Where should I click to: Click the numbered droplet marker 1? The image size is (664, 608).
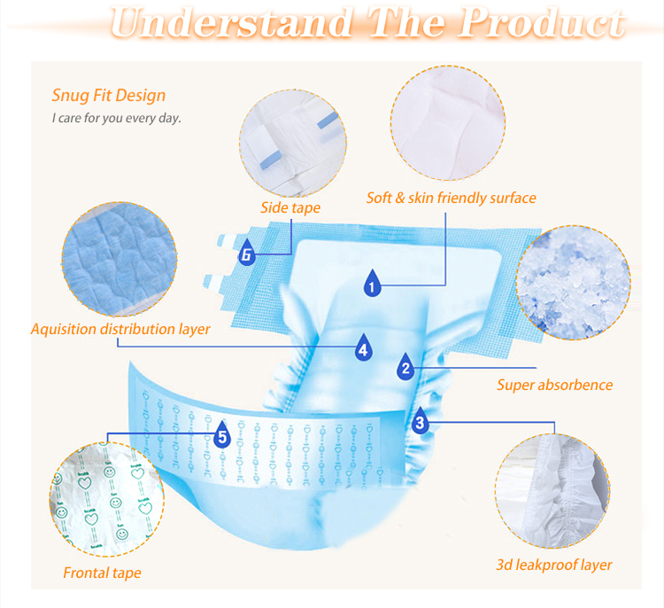pyautogui.click(x=372, y=284)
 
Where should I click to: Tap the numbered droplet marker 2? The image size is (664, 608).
pyautogui.click(x=405, y=367)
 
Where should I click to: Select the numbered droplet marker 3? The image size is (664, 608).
pyautogui.click(x=420, y=421)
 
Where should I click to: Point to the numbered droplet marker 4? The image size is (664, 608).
pyautogui.click(x=363, y=348)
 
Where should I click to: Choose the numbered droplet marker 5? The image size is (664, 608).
pyautogui.click(x=222, y=435)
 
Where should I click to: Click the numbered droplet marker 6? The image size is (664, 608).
pyautogui.click(x=246, y=253)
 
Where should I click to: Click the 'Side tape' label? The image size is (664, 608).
pyautogui.click(x=290, y=207)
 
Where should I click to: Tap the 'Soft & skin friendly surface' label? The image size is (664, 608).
pyautogui.click(x=451, y=198)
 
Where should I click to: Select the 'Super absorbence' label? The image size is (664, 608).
pyautogui.click(x=555, y=385)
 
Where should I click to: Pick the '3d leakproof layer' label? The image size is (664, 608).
pyautogui.click(x=554, y=565)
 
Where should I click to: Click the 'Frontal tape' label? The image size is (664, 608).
pyautogui.click(x=102, y=573)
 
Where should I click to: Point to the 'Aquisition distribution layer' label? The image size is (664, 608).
pyautogui.click(x=120, y=329)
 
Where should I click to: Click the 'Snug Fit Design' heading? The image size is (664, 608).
pyautogui.click(x=108, y=96)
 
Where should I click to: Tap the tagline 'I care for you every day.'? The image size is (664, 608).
pyautogui.click(x=117, y=118)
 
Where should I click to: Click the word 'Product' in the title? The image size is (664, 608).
pyautogui.click(x=543, y=22)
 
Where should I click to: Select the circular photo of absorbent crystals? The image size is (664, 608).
pyautogui.click(x=573, y=283)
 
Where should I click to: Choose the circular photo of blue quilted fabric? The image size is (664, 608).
pyautogui.click(x=120, y=259)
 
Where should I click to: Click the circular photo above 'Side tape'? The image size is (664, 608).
pyautogui.click(x=293, y=143)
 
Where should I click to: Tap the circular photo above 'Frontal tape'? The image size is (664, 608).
pyautogui.click(x=107, y=499)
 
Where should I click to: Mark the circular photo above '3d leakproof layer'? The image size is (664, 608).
pyautogui.click(x=552, y=491)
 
